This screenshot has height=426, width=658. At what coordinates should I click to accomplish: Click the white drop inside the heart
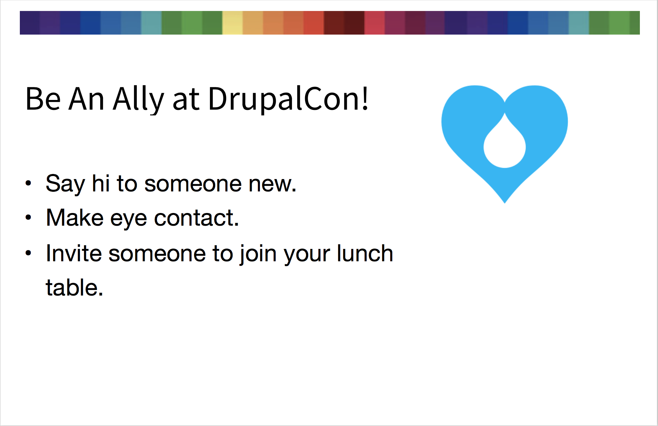tap(504, 144)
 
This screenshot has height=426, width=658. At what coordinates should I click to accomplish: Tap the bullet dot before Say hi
tap(28, 183)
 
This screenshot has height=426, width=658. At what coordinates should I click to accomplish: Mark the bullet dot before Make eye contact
tap(28, 217)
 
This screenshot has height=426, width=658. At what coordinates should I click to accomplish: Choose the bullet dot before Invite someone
tap(28, 253)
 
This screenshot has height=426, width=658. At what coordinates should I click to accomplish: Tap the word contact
tap(196, 218)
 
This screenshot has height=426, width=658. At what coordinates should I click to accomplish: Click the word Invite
tap(74, 253)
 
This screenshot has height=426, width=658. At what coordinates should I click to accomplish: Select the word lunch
tap(365, 253)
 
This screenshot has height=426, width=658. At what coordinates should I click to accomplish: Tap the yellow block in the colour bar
tap(233, 23)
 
